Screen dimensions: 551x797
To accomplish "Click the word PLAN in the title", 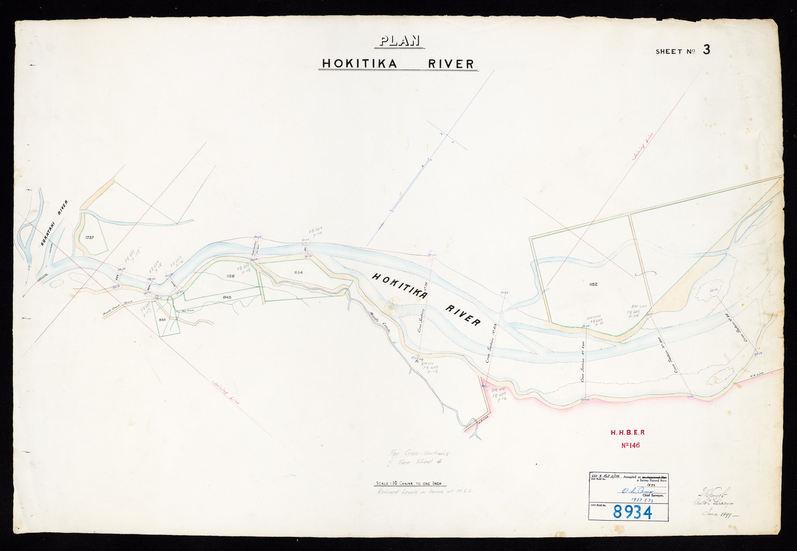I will point(399,41).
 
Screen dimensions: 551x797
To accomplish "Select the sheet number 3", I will point(706,50).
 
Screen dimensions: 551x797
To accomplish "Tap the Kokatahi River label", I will point(55,223).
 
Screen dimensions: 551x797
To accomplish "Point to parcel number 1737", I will point(89,238).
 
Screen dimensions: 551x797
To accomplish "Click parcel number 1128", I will point(230,276).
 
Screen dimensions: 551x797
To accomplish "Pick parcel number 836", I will point(299,273).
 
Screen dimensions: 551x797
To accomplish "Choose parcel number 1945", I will point(227,297).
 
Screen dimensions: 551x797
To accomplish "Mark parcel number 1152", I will point(593,284).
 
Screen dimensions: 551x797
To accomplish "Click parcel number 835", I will point(162,320).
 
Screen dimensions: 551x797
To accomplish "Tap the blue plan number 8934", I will point(632,512).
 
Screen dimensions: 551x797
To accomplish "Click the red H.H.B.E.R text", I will point(628,432).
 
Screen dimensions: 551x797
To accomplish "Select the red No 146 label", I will point(630,445).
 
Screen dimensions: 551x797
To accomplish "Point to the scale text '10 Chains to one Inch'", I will point(411,484).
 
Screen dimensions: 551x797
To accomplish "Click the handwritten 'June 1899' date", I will point(716,514).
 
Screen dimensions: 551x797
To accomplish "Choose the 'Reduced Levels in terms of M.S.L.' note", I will point(425,492).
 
